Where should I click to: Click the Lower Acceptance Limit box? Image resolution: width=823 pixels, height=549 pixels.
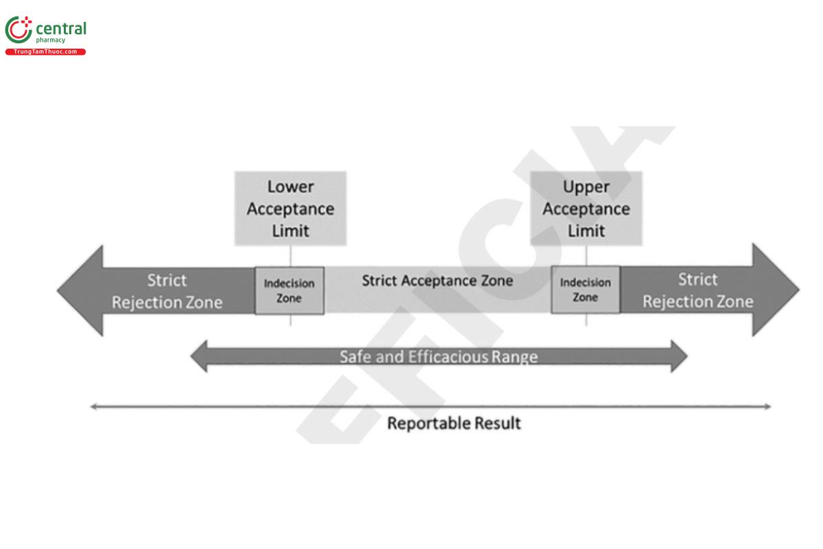[x=290, y=208]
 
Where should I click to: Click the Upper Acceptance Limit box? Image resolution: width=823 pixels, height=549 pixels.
[x=586, y=208]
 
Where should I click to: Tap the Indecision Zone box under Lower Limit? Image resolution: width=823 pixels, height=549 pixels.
[x=289, y=290]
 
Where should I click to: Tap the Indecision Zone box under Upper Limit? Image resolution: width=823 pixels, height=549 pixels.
[x=585, y=290]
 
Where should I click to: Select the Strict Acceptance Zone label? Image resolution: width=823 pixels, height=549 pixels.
[x=437, y=281]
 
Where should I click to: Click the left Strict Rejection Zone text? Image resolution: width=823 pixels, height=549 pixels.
[x=167, y=291]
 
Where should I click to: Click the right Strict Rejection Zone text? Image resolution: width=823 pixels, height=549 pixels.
[x=697, y=290]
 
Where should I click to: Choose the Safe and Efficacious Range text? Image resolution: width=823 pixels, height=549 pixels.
[x=438, y=357]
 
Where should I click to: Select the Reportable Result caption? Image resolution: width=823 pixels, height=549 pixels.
[x=454, y=423]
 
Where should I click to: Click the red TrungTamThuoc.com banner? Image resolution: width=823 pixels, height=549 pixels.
[x=45, y=52]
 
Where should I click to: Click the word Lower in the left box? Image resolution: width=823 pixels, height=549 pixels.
[x=290, y=187]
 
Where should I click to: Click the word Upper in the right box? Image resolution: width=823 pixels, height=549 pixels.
[x=586, y=187]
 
